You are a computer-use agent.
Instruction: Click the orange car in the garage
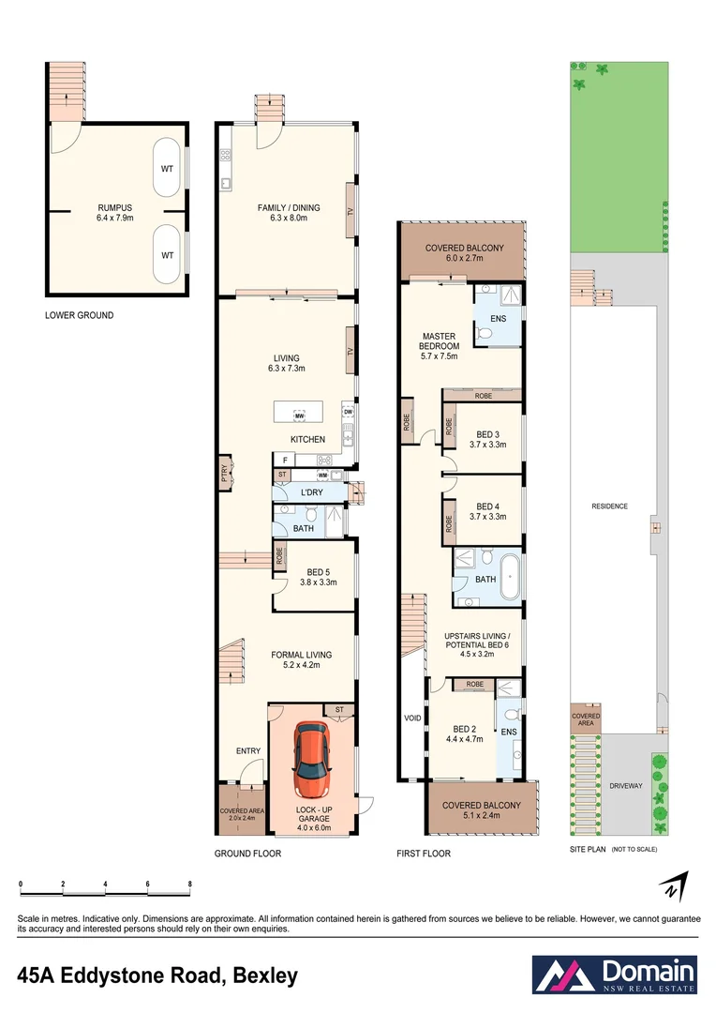(311, 759)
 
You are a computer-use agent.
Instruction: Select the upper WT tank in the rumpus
(167, 169)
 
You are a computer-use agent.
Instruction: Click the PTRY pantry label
(224, 476)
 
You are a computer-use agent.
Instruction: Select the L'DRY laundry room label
(312, 493)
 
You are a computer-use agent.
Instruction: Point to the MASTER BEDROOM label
(439, 340)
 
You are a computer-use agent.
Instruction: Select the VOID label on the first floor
(411, 718)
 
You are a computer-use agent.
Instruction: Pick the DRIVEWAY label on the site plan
(625, 786)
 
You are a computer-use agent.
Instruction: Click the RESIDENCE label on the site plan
(609, 506)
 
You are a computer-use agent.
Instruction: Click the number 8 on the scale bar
(190, 884)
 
